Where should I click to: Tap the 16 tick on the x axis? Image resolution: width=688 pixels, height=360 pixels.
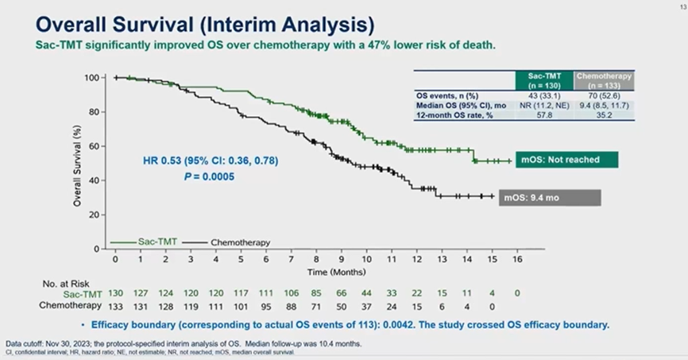(518, 260)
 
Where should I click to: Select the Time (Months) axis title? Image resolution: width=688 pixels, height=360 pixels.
(316, 272)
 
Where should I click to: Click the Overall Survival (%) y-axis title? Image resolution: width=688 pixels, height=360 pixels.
(78, 164)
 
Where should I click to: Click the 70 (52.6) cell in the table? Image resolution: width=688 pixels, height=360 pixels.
(605, 95)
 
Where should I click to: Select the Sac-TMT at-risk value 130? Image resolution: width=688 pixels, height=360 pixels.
(115, 294)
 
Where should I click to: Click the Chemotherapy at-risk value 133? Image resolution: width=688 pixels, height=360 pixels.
(115, 305)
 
